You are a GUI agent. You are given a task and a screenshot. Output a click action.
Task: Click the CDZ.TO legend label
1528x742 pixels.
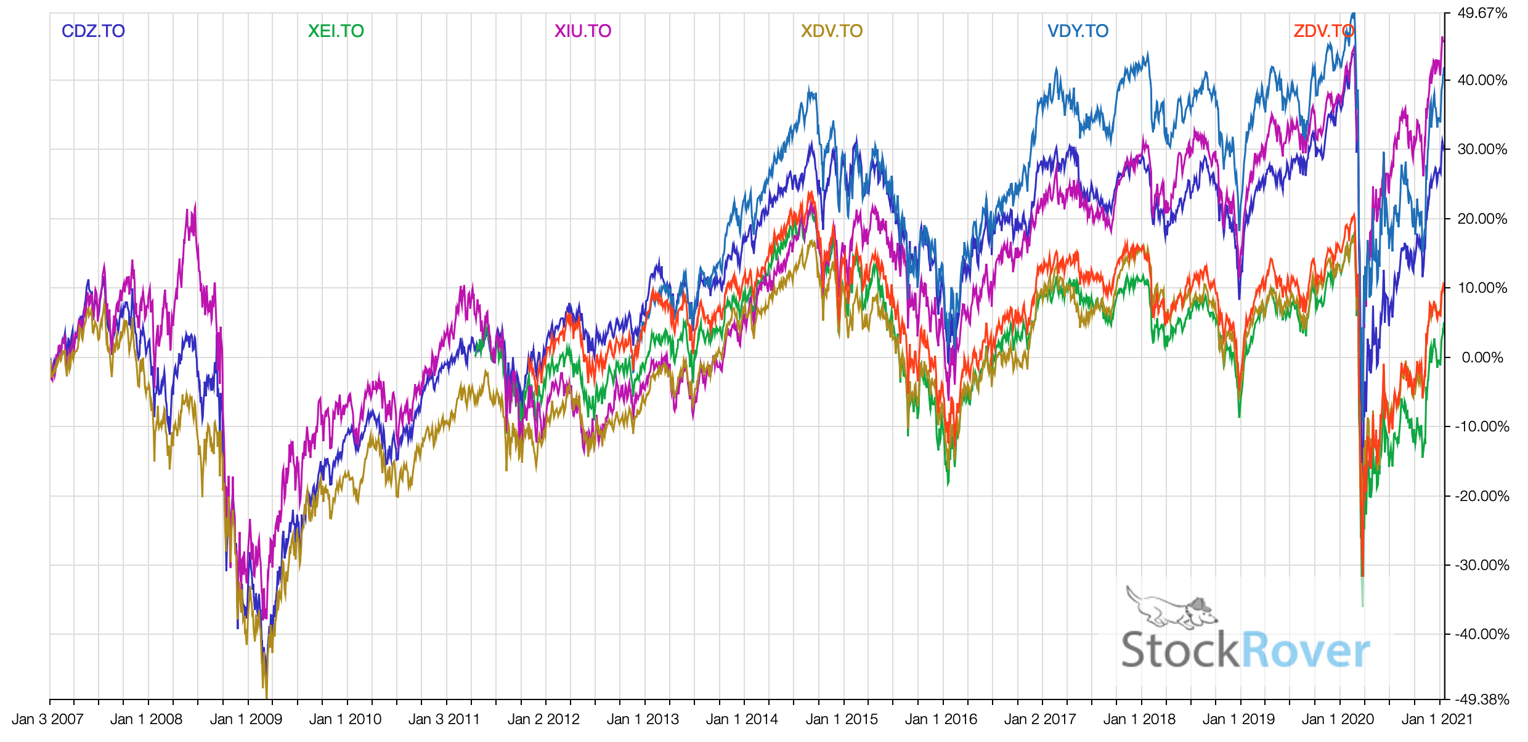pos(93,31)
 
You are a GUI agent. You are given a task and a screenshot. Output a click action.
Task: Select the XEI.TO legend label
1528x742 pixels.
pos(336,31)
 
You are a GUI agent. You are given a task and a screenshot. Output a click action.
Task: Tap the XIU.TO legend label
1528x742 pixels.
pos(582,31)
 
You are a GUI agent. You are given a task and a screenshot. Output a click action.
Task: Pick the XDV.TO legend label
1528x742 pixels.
pos(831,31)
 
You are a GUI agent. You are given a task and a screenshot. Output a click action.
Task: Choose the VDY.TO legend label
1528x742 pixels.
pos(1078,31)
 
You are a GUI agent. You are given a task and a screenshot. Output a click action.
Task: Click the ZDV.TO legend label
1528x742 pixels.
pos(1323,31)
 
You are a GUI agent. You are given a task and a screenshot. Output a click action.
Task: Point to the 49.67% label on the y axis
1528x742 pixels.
pos(1482,13)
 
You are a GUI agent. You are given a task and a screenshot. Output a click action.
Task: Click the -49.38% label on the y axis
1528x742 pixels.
pos(1482,699)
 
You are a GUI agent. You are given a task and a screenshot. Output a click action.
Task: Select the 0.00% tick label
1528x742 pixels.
pos(1482,357)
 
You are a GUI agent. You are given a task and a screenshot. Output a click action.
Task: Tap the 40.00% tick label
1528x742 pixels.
pos(1482,80)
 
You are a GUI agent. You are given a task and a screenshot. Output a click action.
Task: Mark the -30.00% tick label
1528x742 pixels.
pos(1482,565)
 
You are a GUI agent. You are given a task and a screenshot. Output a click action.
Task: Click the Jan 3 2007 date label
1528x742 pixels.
pos(47,719)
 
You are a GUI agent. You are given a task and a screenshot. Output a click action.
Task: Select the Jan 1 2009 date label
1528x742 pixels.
pos(246,719)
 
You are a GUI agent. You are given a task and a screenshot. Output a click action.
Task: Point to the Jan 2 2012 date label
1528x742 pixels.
pos(543,719)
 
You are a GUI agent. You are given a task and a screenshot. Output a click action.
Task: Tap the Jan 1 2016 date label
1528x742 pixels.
pos(941,719)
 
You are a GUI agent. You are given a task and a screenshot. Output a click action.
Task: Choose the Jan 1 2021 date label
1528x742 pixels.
pos(1437,719)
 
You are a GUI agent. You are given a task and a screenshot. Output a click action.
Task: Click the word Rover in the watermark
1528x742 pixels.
pos(1305,650)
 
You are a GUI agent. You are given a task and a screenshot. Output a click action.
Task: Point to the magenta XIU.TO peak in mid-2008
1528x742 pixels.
pos(195,204)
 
